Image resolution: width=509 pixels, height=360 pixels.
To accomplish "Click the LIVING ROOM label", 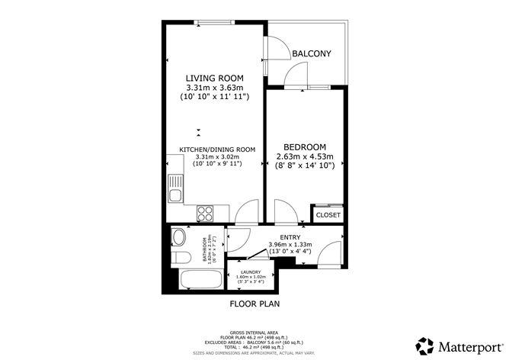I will coord(216,78).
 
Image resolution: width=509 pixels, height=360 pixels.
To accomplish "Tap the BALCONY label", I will coord(312,53).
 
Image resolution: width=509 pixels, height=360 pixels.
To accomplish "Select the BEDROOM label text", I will coord(305,147).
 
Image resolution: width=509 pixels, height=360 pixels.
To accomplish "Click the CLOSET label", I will coord(328,216).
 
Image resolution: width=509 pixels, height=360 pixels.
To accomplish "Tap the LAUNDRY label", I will coord(252,272).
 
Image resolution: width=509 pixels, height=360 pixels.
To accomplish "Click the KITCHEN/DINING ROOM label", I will coord(217,149).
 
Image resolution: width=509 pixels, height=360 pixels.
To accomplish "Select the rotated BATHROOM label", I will coord(204,249).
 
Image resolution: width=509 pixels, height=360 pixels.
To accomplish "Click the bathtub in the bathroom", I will coord(196,278).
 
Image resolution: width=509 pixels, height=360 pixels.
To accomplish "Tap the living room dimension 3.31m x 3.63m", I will coord(216,88).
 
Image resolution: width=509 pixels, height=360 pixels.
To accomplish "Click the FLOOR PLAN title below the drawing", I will coord(254,304).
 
